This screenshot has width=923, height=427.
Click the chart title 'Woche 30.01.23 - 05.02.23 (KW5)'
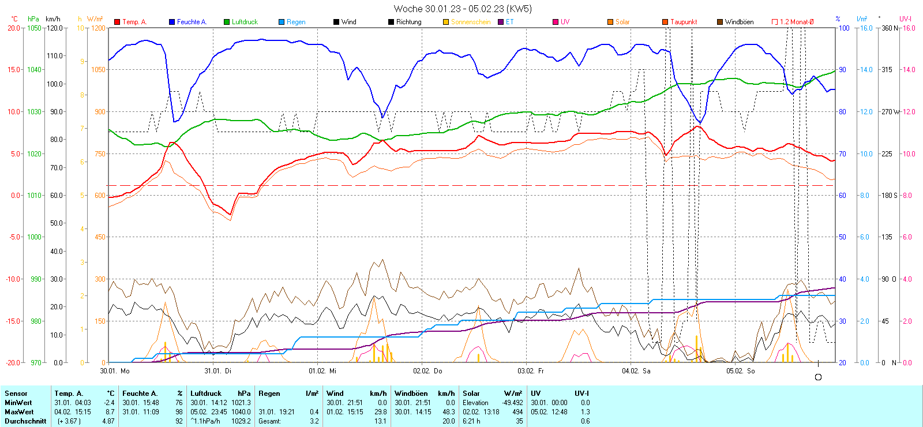pyautogui.click(x=463, y=9)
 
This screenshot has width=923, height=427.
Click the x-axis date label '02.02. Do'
pyautogui.click(x=427, y=371)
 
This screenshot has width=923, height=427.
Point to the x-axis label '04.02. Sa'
pyautogui.click(x=636, y=371)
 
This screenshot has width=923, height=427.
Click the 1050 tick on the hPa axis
pyautogui.click(x=35, y=28)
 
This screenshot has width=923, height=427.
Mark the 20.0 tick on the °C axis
pyautogui.click(x=14, y=28)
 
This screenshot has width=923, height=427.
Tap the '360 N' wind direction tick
pyautogui.click(x=890, y=28)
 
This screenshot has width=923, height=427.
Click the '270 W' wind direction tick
pyautogui.click(x=890, y=111)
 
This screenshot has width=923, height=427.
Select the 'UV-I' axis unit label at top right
pyautogui.click(x=905, y=19)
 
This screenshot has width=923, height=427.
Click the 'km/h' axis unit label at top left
pyautogui.click(x=53, y=19)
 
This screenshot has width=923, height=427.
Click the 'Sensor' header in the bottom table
pyautogui.click(x=16, y=394)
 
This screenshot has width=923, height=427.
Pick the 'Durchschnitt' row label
pyautogui.click(x=25, y=421)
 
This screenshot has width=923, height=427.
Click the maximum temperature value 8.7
pyautogui.click(x=109, y=412)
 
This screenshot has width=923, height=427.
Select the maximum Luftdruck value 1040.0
pyautogui.click(x=241, y=412)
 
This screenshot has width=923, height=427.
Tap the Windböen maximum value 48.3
pyautogui.click(x=449, y=412)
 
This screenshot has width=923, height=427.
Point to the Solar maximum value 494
pyautogui.click(x=517, y=412)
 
